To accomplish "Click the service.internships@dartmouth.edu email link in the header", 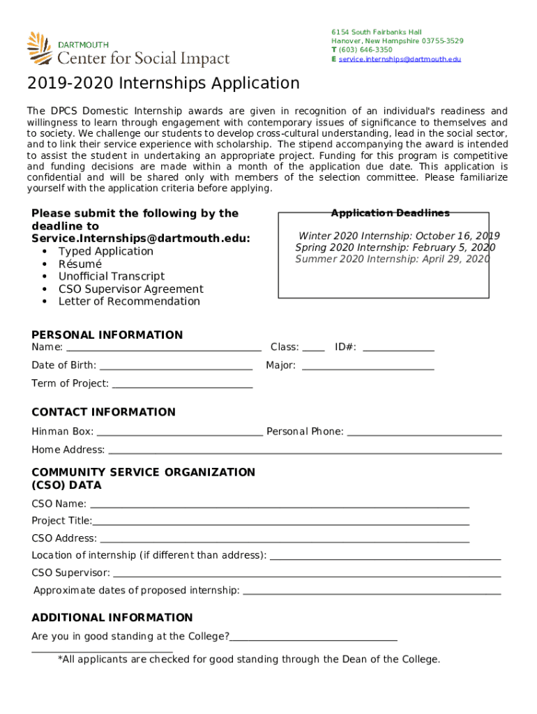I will coord(400,59).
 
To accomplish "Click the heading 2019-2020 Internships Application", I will coord(163,84).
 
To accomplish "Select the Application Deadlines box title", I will coord(390,213).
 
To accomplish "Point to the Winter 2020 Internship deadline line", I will coord(399,236).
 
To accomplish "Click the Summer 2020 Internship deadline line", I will coord(393,259).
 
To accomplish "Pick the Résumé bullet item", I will coord(80,264).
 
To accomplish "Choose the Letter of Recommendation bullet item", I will coord(129,302).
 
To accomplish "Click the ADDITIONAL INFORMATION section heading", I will coord(112,618).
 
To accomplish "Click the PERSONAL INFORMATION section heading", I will coord(107,335).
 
